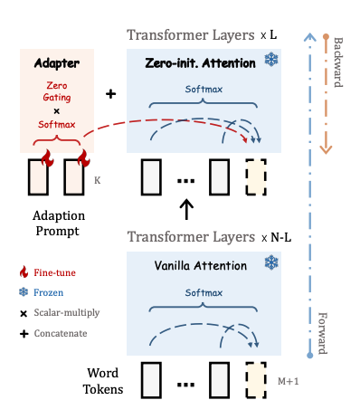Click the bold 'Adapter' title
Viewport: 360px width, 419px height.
click(57, 63)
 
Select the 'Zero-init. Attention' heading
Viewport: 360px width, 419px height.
click(200, 63)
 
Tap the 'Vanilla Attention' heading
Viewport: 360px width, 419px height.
click(201, 266)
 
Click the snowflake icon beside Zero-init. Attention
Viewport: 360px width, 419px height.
click(271, 60)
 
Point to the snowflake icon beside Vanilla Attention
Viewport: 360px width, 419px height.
click(271, 262)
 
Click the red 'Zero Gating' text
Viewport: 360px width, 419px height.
click(57, 91)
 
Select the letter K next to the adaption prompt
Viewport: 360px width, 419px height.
click(97, 180)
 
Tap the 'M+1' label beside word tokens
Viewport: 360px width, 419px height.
click(289, 381)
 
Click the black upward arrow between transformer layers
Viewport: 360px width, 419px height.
click(186, 209)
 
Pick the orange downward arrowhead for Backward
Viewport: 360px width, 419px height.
click(326, 149)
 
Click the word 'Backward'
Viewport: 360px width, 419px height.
click(338, 62)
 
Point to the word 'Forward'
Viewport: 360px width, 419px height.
click(323, 333)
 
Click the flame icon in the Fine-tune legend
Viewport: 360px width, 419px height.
click(24, 271)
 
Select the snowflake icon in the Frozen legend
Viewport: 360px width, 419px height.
click(24, 292)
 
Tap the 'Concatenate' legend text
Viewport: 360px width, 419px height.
click(61, 333)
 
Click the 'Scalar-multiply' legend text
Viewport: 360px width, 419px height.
click(67, 313)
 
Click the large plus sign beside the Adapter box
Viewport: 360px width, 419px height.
click(110, 94)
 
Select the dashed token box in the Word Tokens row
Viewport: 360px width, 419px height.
click(256, 380)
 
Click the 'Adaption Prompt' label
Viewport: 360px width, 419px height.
click(59, 224)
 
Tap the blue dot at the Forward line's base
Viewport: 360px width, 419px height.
click(310, 356)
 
